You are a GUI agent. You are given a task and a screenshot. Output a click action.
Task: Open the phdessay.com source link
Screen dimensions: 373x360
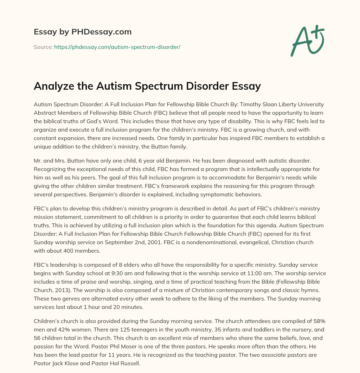(x=117, y=47)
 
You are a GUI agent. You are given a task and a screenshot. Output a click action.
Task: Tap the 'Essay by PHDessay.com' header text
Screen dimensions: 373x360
(x=83, y=32)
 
